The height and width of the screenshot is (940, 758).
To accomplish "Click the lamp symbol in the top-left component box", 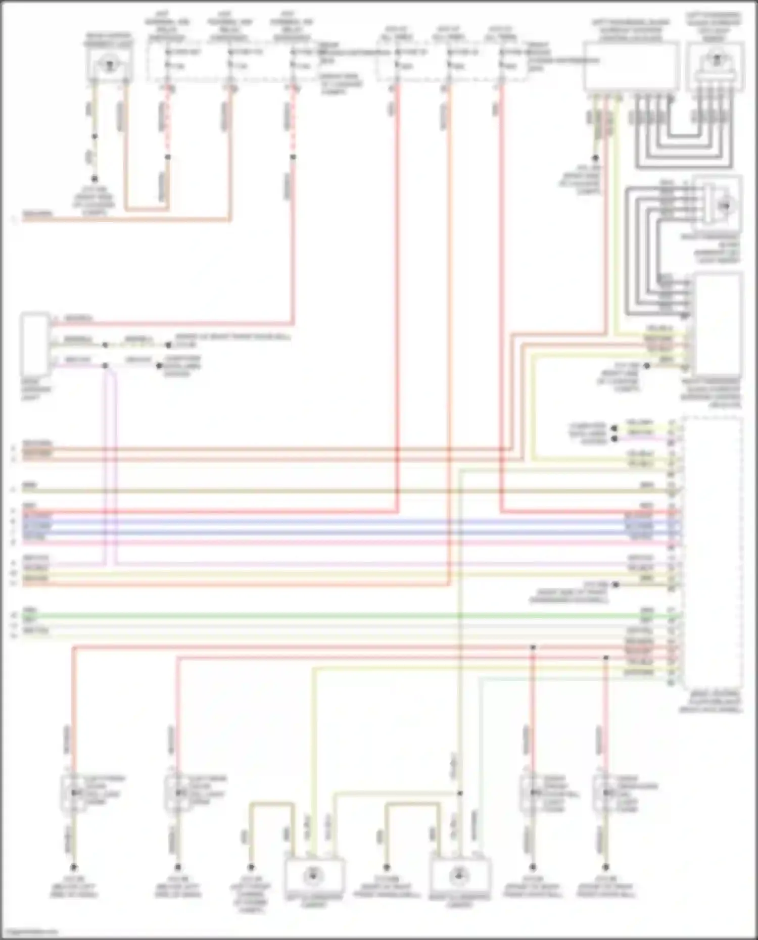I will (x=108, y=65).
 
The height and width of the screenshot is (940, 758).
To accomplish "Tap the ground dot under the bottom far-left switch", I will (x=74, y=867).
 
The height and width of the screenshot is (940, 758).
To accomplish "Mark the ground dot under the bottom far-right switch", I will (x=606, y=867).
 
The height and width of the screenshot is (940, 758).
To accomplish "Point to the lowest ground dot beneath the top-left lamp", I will (x=94, y=179).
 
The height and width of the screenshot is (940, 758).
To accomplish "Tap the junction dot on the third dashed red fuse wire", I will (x=293, y=157).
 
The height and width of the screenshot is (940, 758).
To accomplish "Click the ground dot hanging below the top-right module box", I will (x=595, y=158).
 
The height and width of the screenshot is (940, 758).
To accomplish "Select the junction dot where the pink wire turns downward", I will (x=105, y=365).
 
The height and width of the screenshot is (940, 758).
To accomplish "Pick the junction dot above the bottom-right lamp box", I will (x=460, y=793).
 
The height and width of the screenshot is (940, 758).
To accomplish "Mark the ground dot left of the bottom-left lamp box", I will (x=251, y=867).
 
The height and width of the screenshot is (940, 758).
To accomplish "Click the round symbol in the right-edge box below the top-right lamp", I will (x=725, y=206).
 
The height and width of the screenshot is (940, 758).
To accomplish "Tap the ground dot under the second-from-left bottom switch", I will (x=178, y=867).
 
